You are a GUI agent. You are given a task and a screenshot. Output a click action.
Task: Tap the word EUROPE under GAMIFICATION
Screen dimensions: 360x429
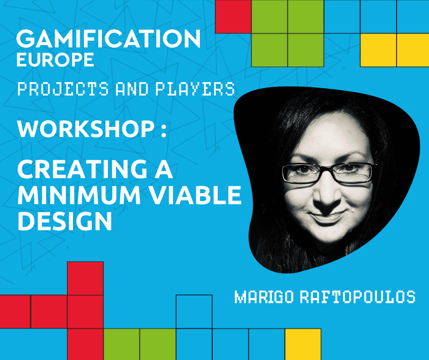click(55, 60)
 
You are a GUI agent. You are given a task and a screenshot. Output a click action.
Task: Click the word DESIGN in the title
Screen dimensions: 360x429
click(64, 221)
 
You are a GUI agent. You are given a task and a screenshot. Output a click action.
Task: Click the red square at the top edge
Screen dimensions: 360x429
click(233, 16)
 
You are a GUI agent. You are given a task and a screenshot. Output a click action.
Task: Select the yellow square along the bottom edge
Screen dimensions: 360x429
click(303, 344)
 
